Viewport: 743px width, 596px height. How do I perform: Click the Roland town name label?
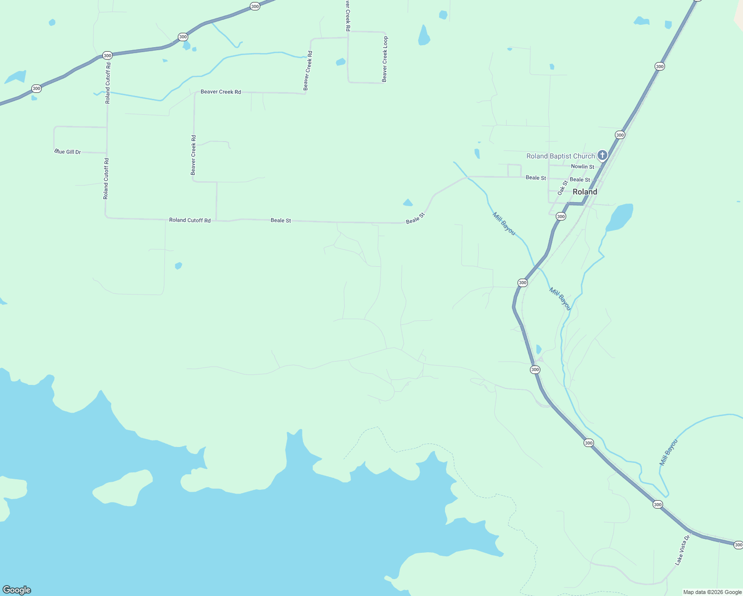click(x=585, y=192)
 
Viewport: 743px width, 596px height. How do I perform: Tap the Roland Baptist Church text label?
click(x=560, y=156)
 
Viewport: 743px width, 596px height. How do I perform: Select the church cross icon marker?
click(x=602, y=155)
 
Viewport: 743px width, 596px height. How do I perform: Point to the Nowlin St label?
click(x=582, y=167)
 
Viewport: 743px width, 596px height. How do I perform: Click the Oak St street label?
click(x=562, y=188)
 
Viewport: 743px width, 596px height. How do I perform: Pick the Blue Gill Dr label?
click(x=68, y=151)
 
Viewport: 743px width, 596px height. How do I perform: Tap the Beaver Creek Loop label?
click(x=385, y=59)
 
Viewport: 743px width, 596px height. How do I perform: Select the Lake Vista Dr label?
click(x=682, y=550)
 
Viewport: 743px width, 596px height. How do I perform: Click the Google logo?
click(x=16, y=590)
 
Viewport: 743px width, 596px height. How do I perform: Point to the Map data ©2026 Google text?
click(x=712, y=592)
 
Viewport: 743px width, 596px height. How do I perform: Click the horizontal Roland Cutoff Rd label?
click(x=190, y=220)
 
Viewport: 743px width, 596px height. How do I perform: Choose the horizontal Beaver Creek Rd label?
click(x=221, y=92)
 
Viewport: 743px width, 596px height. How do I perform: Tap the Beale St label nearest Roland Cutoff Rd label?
click(x=281, y=220)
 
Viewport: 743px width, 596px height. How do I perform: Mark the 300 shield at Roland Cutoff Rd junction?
click(x=107, y=56)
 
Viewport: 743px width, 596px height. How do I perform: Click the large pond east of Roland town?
click(x=620, y=217)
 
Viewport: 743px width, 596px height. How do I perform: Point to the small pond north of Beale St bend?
click(x=408, y=202)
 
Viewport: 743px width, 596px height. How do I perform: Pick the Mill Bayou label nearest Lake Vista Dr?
click(x=668, y=452)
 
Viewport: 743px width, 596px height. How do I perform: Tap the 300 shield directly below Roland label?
click(x=561, y=217)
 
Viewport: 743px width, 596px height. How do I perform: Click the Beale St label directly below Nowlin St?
click(x=580, y=180)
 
